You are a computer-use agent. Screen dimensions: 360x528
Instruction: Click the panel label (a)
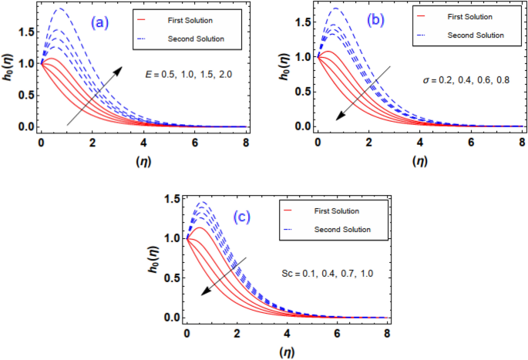coord(101,23)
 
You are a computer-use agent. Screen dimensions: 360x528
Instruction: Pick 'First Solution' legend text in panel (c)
coord(337,210)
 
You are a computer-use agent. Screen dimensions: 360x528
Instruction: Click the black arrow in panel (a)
coord(94,96)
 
